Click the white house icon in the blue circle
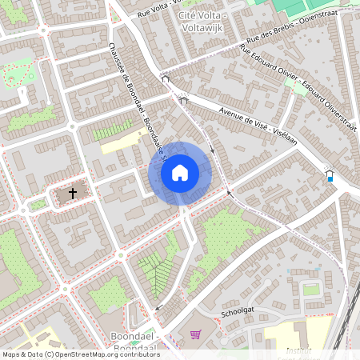180,172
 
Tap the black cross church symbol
74,193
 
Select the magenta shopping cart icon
195,334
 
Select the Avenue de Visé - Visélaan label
249,121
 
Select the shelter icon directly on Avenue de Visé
183,100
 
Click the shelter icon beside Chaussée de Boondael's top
166,79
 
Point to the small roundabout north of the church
71,126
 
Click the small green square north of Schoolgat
311,289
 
